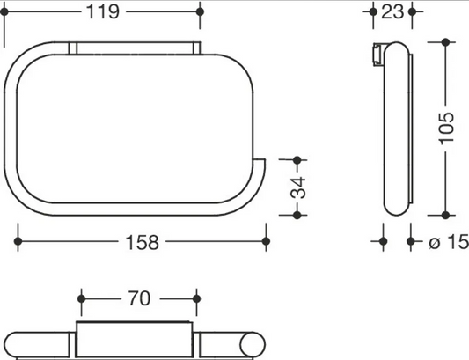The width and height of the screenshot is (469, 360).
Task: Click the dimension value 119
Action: (x=103, y=12)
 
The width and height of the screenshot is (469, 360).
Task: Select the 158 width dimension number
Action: (x=142, y=242)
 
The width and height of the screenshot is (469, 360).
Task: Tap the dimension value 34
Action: (x=298, y=187)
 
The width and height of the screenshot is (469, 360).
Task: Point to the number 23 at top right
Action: (x=392, y=12)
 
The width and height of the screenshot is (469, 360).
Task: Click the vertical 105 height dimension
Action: (x=447, y=129)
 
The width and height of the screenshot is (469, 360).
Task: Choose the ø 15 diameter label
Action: (x=449, y=242)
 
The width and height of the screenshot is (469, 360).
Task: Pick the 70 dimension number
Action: (x=139, y=298)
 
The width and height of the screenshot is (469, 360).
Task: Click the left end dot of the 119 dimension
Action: (x=4, y=12)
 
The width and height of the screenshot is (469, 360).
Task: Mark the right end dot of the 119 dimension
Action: (x=200, y=12)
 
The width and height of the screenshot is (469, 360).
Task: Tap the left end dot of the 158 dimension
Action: (x=18, y=241)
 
